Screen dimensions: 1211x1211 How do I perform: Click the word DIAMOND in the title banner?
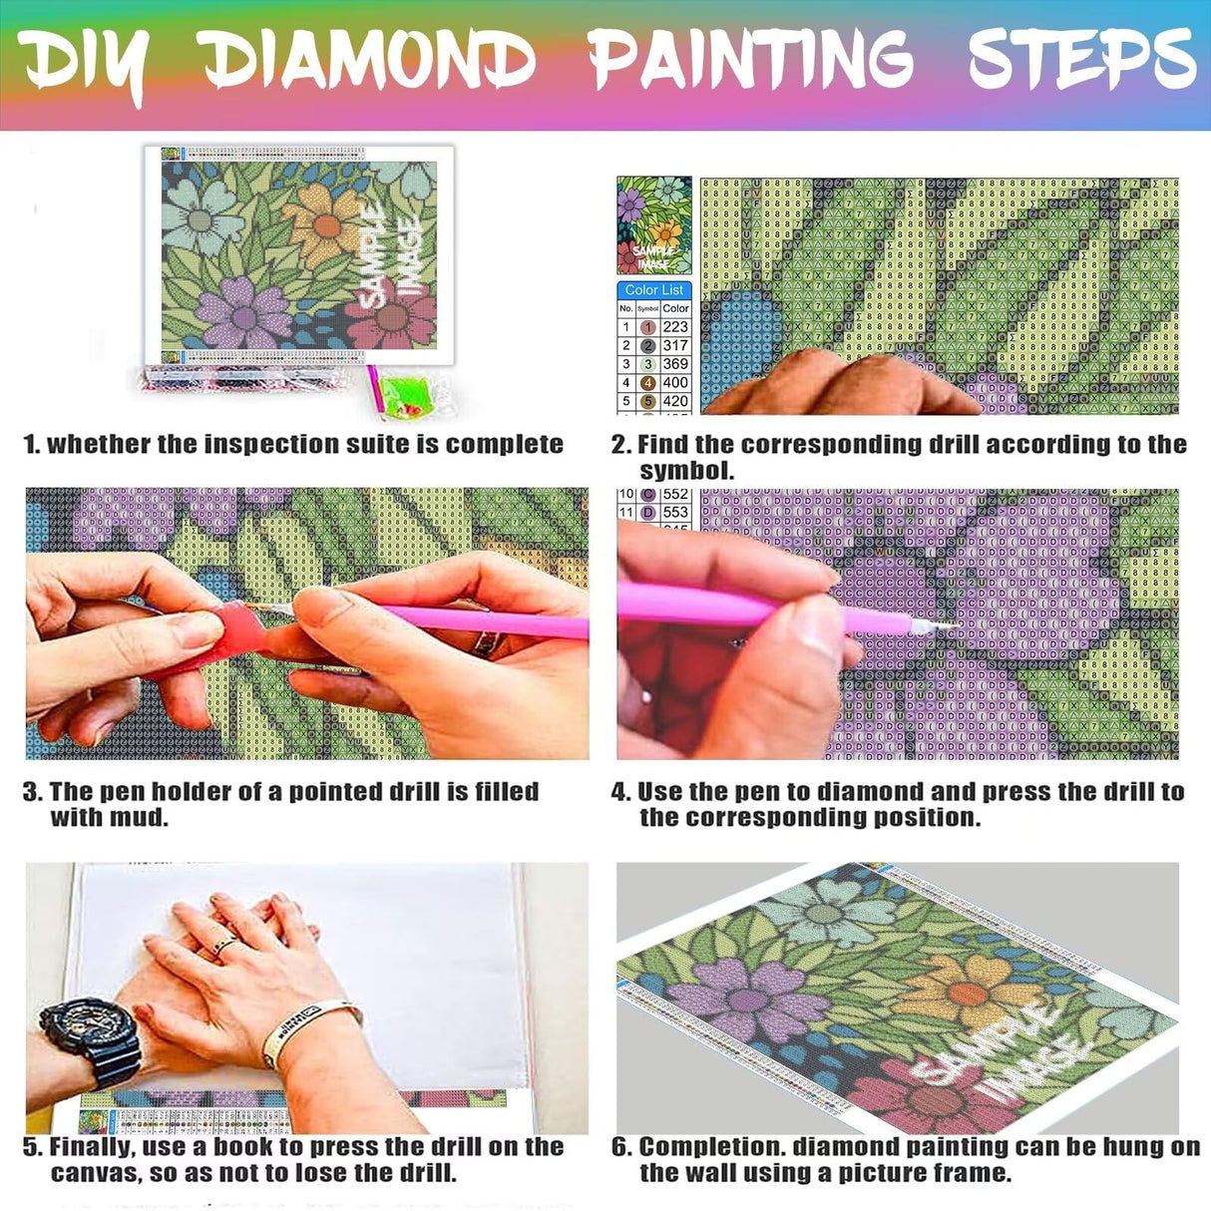(x=370, y=59)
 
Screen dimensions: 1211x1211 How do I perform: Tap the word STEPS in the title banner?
(x=1081, y=57)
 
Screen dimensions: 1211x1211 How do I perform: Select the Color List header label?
(x=654, y=290)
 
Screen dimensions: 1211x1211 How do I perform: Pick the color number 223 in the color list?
(x=675, y=327)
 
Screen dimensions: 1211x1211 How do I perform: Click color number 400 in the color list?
(x=675, y=382)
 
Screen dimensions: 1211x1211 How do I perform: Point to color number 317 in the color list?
(x=675, y=345)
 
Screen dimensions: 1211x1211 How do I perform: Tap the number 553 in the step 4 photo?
(x=675, y=512)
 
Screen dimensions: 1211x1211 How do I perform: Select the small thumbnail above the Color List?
(x=654, y=225)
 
